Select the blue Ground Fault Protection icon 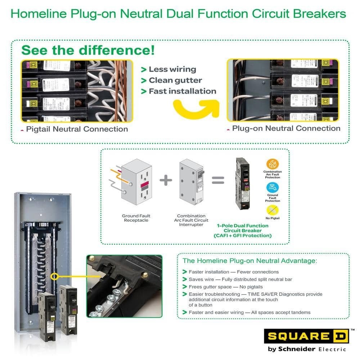click(x=273, y=187)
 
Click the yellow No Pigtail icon click(x=273, y=210)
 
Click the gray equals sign click(x=218, y=180)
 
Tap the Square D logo click(x=306, y=336)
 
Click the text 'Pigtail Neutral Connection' click(x=77, y=129)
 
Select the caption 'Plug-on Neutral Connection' click(x=286, y=128)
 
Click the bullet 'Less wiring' click(x=172, y=69)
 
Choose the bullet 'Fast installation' click(x=182, y=91)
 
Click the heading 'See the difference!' click(x=88, y=50)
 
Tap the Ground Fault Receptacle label click(x=136, y=218)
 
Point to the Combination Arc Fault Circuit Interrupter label click(x=191, y=220)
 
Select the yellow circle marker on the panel click(x=55, y=276)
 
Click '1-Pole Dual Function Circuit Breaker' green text click(x=243, y=228)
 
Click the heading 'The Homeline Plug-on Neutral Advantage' click(x=250, y=261)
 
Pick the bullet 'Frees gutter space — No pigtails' click(x=226, y=287)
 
